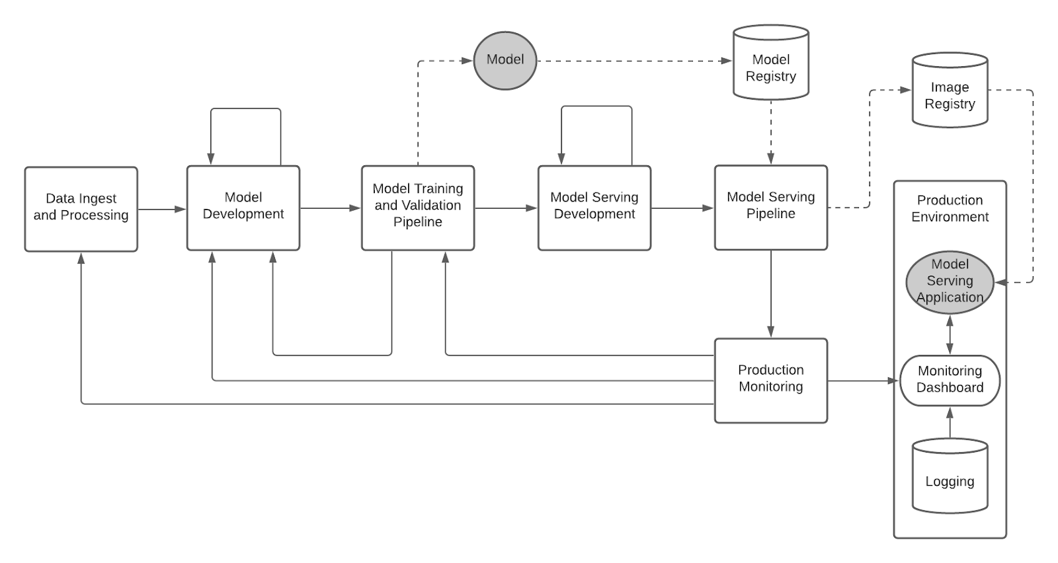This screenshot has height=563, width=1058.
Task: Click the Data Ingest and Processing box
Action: [x=81, y=209]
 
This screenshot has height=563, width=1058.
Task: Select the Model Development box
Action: [x=243, y=207]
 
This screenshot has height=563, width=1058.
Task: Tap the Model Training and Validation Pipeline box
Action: [x=417, y=207]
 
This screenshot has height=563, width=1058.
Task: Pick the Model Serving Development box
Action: [x=594, y=207]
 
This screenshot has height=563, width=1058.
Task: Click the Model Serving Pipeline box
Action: [x=770, y=207]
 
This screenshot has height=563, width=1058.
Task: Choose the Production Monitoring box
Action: [x=770, y=380]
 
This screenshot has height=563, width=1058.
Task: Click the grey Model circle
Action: [x=505, y=60]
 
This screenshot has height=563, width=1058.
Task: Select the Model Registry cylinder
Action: [x=770, y=66]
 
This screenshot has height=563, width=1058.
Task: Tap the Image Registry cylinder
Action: [x=950, y=93]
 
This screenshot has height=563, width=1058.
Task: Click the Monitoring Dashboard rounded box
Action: [x=950, y=380]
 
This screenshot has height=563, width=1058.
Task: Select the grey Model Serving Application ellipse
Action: [x=950, y=281]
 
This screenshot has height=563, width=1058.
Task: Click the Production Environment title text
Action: [x=950, y=208]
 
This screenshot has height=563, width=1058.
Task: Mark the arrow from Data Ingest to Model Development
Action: [x=162, y=209]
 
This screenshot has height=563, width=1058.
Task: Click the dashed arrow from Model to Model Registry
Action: [x=635, y=61]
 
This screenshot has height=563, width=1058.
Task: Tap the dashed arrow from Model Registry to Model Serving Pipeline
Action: [x=770, y=132]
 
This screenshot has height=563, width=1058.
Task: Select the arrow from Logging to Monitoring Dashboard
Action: [x=950, y=423]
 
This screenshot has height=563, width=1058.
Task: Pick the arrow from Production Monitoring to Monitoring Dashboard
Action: [x=863, y=381]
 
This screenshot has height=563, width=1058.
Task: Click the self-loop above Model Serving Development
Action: [x=596, y=107]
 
